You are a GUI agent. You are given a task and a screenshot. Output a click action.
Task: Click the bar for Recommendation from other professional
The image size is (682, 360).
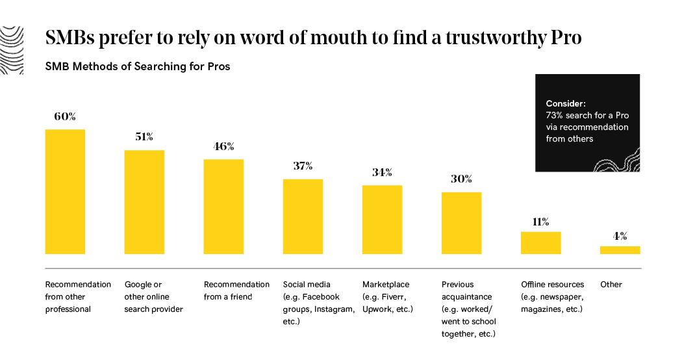pyautogui.click(x=65, y=192)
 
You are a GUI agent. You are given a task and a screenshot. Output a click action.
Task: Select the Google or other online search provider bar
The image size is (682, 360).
pyautogui.click(x=144, y=202)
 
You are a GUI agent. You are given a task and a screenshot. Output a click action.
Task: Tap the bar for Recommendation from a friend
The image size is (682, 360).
pyautogui.click(x=223, y=207)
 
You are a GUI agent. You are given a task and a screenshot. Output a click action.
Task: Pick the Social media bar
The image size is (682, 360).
pyautogui.click(x=303, y=216)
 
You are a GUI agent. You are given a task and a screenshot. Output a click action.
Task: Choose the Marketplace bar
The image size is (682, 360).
pyautogui.click(x=382, y=220)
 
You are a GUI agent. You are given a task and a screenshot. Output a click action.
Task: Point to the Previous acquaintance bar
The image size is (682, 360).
pyautogui.click(x=461, y=223)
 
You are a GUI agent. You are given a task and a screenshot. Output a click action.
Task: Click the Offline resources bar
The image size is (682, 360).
pyautogui.click(x=540, y=242)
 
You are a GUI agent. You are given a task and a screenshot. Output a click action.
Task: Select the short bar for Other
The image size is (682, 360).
pyautogui.click(x=620, y=250)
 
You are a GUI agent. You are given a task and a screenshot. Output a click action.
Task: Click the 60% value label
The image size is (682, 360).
pyautogui.click(x=65, y=117)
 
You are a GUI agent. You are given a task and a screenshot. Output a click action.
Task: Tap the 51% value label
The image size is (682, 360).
pyautogui.click(x=144, y=137)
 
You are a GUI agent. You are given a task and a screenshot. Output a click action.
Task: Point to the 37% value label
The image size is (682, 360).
pyautogui.click(x=303, y=166)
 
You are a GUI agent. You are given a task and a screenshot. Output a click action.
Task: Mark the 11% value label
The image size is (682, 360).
pyautogui.click(x=540, y=222)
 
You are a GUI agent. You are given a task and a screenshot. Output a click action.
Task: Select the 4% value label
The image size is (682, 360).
pyautogui.click(x=620, y=236)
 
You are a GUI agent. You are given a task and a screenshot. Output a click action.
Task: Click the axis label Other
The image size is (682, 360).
pyautogui.click(x=611, y=285)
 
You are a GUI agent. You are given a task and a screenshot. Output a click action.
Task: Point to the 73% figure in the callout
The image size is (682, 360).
pyautogui.click(x=553, y=115)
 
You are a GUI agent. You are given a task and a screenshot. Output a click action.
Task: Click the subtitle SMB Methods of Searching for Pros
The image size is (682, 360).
pyautogui.click(x=137, y=66)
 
